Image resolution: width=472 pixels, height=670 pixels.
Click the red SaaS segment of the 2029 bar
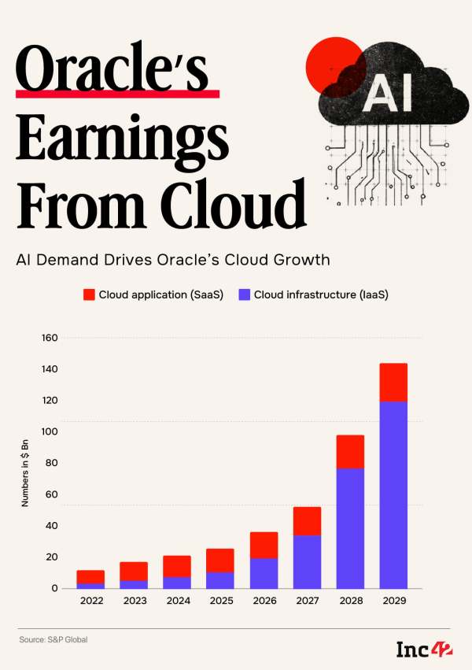tap(393, 382)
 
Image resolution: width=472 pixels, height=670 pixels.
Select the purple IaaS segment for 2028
tap(350, 527)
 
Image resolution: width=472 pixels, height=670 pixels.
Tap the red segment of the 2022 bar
tap(90, 577)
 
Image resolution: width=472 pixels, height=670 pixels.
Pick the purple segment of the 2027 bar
tap(307, 561)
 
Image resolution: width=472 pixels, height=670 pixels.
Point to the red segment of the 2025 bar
tap(220, 560)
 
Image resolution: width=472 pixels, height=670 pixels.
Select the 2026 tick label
tap(264, 601)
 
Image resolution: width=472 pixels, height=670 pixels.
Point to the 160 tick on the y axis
tap(50, 338)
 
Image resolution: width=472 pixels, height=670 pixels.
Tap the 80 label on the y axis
tap(53, 463)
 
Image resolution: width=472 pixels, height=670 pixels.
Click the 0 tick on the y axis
tap(55, 588)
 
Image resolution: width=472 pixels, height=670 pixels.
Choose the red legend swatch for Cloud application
tap(89, 294)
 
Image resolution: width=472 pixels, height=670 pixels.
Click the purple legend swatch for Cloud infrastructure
tap(244, 294)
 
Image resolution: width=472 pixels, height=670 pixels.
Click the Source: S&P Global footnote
tap(53, 640)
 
